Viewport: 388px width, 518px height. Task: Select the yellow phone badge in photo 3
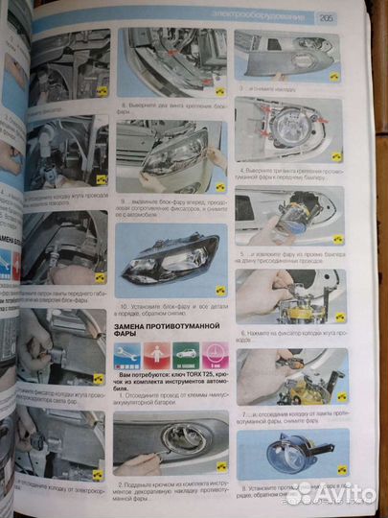333,77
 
